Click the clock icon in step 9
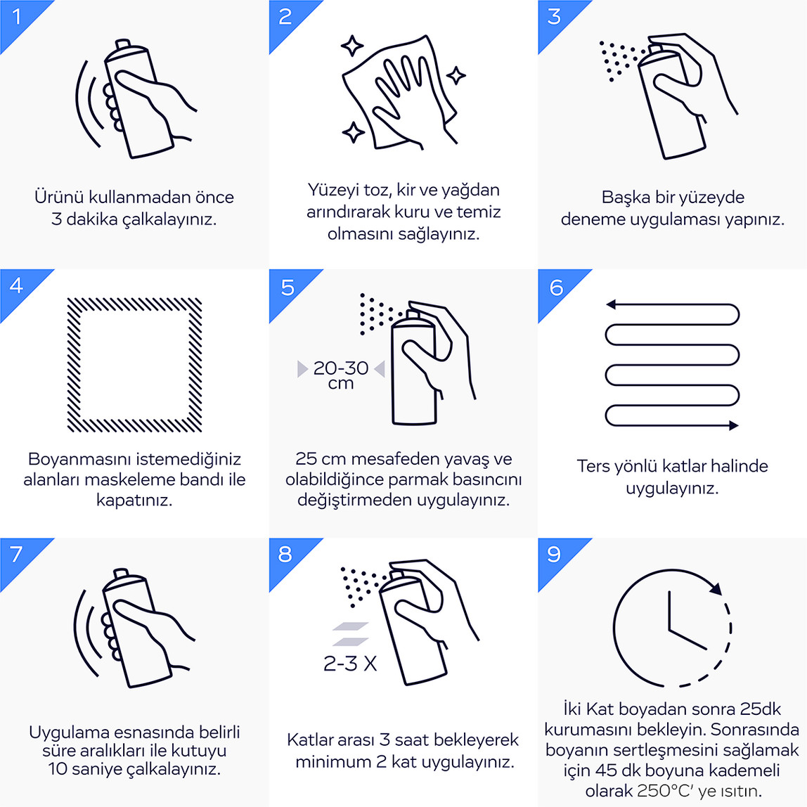pyautogui.click(x=614, y=628)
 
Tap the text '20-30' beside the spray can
pyautogui.click(x=341, y=368)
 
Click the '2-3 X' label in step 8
pyautogui.click(x=350, y=664)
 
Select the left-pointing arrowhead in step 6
pyautogui.click(x=611, y=304)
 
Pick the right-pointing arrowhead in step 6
pyautogui.click(x=734, y=425)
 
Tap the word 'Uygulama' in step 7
pyautogui.click(x=68, y=732)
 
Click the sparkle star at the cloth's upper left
pyautogui.click(x=352, y=46)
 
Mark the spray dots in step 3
pyautogui.click(x=621, y=60)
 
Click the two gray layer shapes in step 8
pyautogui.click(x=351, y=634)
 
